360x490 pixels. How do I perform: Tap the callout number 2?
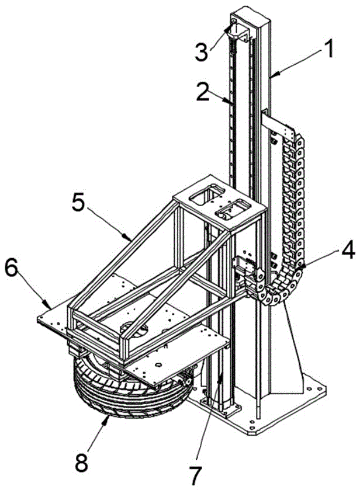point(203,91)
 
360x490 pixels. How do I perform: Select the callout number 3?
point(201,51)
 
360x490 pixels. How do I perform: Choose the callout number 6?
point(11,269)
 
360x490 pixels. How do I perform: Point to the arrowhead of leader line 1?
point(272,75)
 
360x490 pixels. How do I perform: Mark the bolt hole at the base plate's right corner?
point(319,388)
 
